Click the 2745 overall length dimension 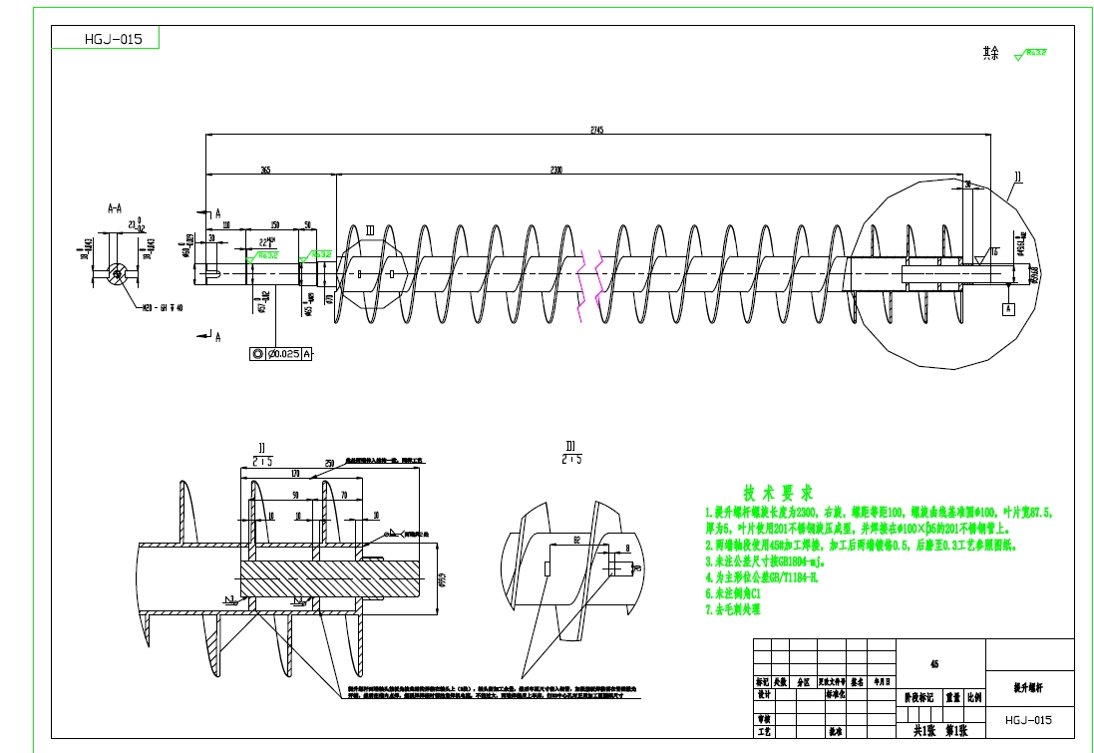coord(596,130)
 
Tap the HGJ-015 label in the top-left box coord(106,40)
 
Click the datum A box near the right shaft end coord(1009,309)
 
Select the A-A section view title coord(115,209)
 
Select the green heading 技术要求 coord(777,494)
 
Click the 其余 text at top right coord(989,53)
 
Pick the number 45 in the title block coord(934,662)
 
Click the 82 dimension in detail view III coord(577,540)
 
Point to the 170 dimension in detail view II coord(296,475)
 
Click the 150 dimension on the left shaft coord(274,225)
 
